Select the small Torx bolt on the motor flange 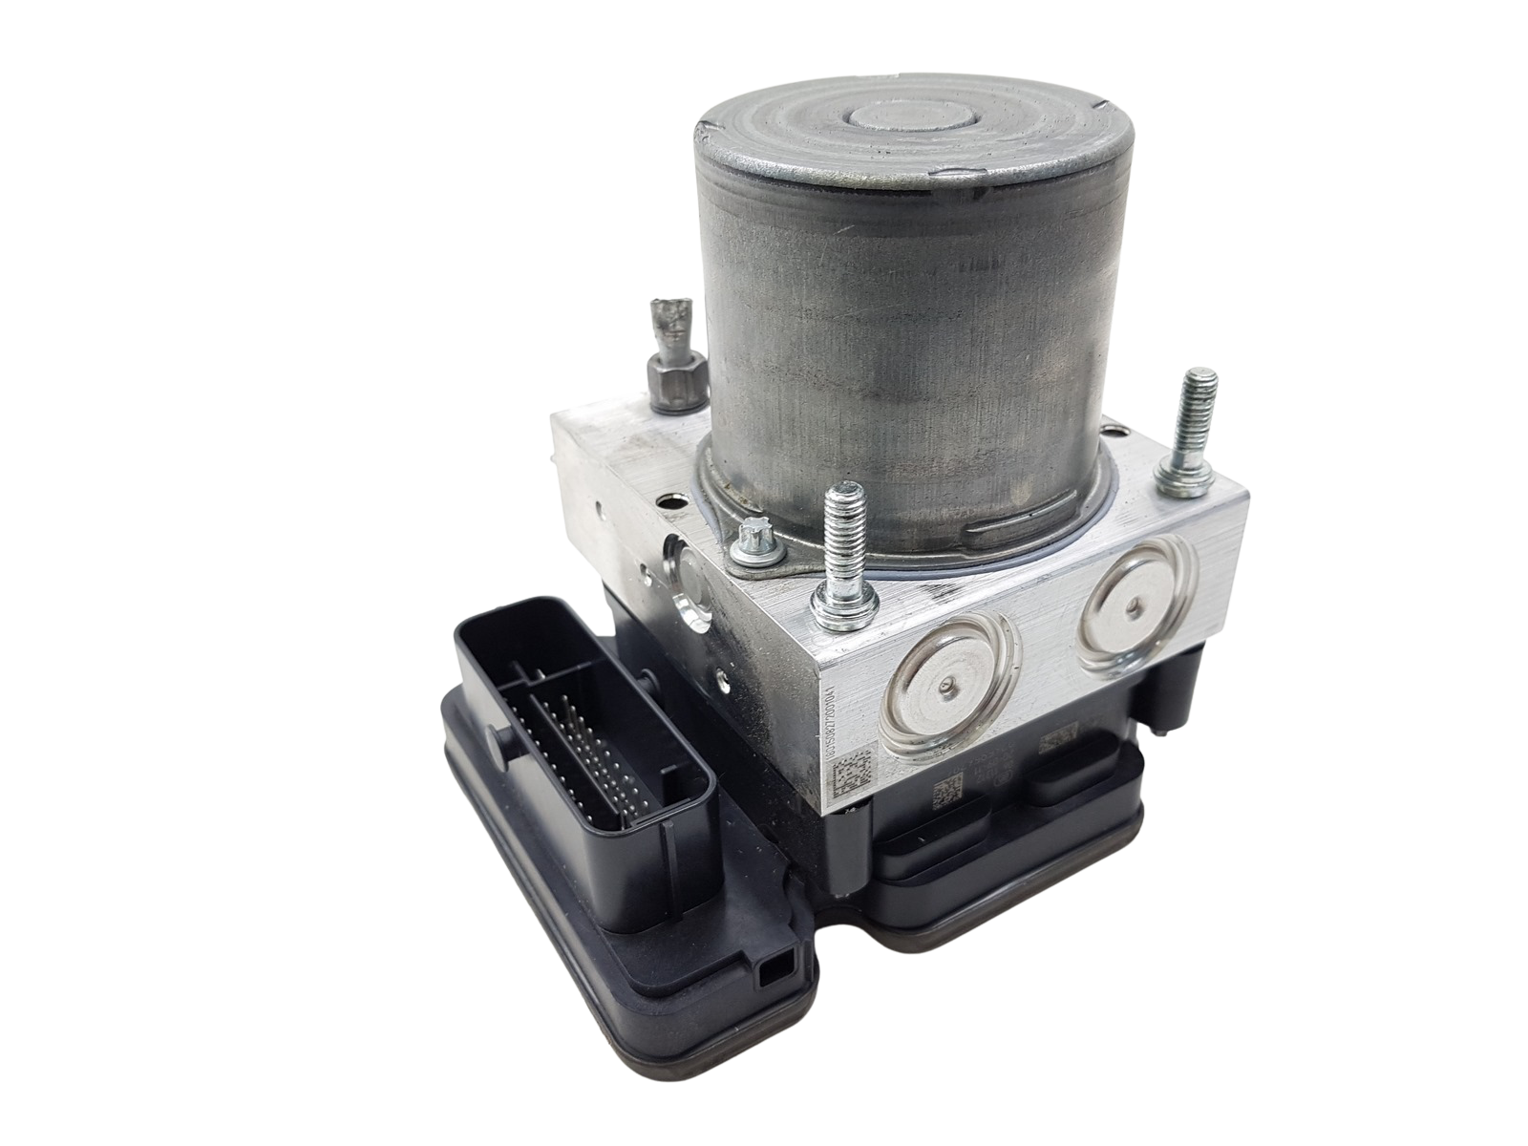[x=742, y=550]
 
